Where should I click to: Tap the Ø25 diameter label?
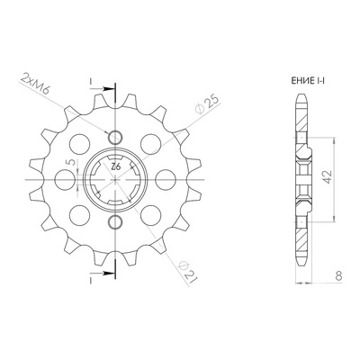click(x=206, y=105)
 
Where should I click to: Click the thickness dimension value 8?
click(x=338, y=275)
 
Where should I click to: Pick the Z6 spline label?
click(x=115, y=166)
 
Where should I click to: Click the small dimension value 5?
click(x=71, y=162)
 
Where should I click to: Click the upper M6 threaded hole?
click(x=115, y=138)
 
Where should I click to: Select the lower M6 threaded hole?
click(x=115, y=222)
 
